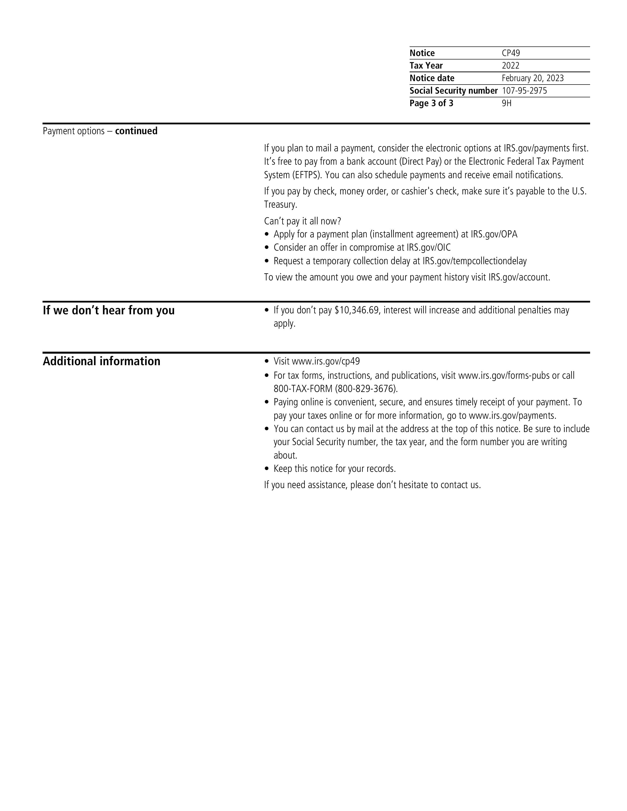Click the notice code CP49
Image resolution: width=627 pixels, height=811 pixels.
point(511,53)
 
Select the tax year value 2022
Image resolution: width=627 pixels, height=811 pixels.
point(510,66)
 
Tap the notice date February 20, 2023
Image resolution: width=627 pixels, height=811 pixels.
point(532,78)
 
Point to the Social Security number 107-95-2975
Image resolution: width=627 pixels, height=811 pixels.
point(524,91)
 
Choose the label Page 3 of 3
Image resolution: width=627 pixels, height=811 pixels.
point(431,103)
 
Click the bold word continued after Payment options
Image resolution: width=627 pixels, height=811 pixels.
point(136,131)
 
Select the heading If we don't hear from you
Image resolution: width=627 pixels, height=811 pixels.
point(108,310)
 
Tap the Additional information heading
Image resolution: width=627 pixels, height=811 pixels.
point(101,361)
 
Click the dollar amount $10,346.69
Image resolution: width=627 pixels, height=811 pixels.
point(357,310)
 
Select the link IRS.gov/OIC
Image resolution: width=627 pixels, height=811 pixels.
point(428,248)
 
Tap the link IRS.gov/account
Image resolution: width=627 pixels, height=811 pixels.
point(519,277)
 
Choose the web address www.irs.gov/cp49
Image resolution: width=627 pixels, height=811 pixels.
point(326,361)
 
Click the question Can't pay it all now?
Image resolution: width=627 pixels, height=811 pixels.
point(302,221)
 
